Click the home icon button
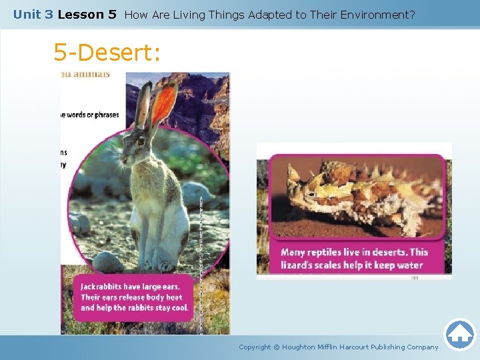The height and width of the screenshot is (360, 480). [459, 334]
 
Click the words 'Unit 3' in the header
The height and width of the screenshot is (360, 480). [33, 14]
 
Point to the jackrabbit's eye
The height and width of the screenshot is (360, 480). [141, 140]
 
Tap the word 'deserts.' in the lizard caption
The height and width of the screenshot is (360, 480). [388, 252]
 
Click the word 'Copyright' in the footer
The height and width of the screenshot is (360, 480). [255, 347]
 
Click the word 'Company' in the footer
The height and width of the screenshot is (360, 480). [423, 347]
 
